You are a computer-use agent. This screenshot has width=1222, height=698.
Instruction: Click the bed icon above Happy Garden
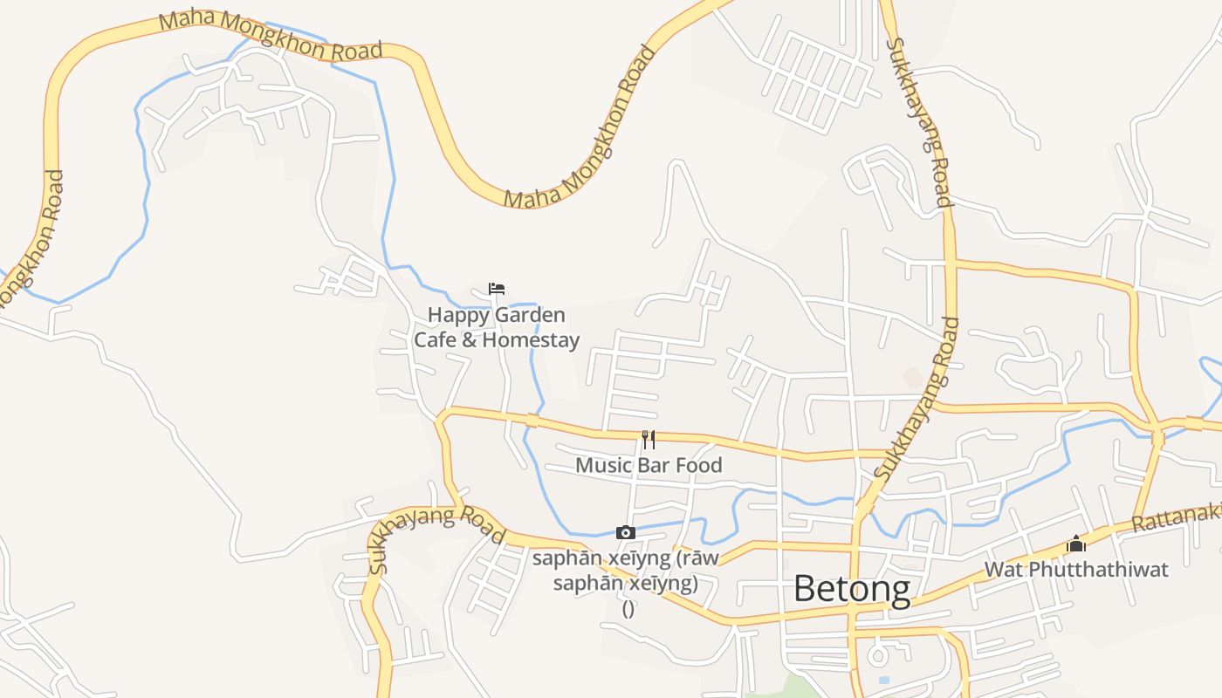[x=497, y=288]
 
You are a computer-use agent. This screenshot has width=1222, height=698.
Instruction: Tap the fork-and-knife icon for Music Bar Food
[x=649, y=439]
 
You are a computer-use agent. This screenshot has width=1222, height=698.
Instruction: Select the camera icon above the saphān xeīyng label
[x=625, y=532]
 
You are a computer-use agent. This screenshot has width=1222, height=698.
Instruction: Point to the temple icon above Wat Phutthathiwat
[x=1076, y=544]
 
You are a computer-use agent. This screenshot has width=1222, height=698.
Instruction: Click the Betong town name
[x=851, y=590]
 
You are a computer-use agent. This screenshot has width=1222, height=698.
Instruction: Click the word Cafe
[x=434, y=339]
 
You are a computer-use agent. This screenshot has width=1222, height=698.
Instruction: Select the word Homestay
[x=531, y=339]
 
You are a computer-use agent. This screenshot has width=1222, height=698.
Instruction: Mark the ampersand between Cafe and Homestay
[x=469, y=339]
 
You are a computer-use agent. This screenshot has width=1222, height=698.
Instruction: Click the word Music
[x=602, y=465]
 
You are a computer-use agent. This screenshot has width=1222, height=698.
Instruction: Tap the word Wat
[x=1004, y=570]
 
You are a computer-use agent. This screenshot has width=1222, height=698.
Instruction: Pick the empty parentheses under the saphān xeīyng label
[x=628, y=609]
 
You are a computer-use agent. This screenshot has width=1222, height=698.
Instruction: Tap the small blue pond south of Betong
[x=885, y=679]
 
